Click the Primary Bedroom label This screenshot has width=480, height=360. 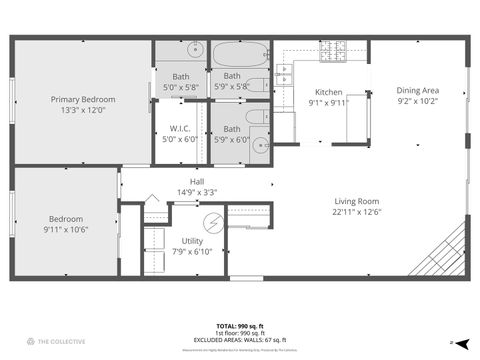click(84, 99)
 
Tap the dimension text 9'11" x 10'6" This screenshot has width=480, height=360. click(65, 229)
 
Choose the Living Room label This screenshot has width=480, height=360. click(358, 201)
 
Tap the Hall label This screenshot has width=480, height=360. click(196, 182)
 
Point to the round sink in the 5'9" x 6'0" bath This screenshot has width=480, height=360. click(260, 146)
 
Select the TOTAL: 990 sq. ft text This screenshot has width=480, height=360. click(242, 325)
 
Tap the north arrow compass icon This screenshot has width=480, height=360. click(452, 343)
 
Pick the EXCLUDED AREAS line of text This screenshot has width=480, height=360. click(242, 340)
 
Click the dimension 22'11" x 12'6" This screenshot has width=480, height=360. click(358, 211)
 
